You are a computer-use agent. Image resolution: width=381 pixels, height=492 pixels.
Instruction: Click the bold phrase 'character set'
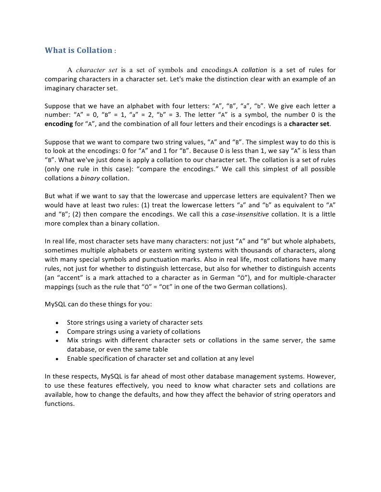[309, 124]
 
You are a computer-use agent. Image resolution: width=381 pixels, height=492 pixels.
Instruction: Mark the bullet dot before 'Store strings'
[57, 323]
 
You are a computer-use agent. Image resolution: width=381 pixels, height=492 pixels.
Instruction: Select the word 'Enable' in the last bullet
[78, 358]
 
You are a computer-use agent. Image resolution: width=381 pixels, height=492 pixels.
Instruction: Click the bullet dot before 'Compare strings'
[57, 332]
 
